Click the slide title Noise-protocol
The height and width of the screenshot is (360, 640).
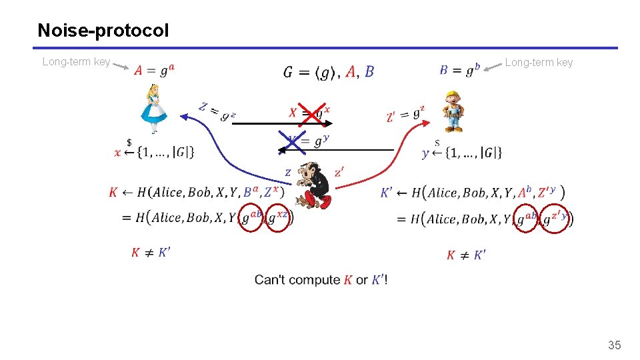pyautogui.click(x=103, y=31)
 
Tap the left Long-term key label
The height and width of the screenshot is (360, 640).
pyautogui.click(x=76, y=62)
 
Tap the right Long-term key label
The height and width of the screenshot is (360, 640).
pyautogui.click(x=539, y=63)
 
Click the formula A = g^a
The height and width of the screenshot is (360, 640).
pyautogui.click(x=155, y=70)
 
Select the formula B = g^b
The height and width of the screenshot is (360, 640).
pyautogui.click(x=460, y=70)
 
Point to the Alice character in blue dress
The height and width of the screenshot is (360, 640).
pyautogui.click(x=154, y=108)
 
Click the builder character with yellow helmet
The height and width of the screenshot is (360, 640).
pyautogui.click(x=453, y=111)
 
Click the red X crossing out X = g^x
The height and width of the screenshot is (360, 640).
pyautogui.click(x=309, y=113)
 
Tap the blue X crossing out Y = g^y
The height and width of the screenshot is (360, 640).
pyautogui.click(x=291, y=141)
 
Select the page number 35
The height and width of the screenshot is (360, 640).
pyautogui.click(x=614, y=345)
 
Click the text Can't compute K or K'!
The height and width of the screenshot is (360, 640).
pyautogui.click(x=321, y=280)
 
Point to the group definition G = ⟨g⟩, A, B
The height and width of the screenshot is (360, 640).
pyautogui.click(x=329, y=72)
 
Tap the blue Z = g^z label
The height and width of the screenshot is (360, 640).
pyautogui.click(x=217, y=111)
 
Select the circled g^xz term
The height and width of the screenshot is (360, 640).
pyautogui.click(x=279, y=217)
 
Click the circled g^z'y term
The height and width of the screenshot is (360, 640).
pyautogui.click(x=557, y=217)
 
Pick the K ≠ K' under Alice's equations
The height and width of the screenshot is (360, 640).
pyautogui.click(x=151, y=253)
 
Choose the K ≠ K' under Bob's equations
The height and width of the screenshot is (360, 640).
pyautogui.click(x=466, y=255)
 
